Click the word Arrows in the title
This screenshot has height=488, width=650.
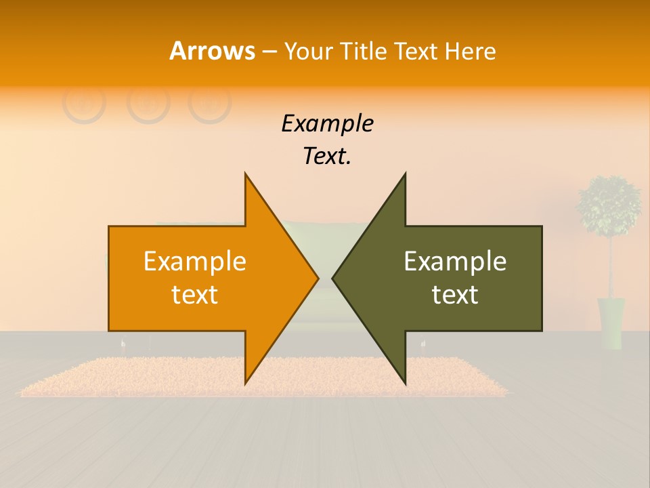pyautogui.click(x=212, y=51)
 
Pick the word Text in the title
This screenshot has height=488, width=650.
pyautogui.click(x=416, y=52)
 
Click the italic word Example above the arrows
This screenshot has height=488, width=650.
pyautogui.click(x=327, y=124)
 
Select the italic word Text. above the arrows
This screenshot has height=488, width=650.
pyautogui.click(x=327, y=156)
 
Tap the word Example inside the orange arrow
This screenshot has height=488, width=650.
pyautogui.click(x=195, y=262)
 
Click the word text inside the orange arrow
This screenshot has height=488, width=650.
pyautogui.click(x=195, y=294)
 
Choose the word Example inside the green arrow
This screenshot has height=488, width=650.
pyautogui.click(x=455, y=262)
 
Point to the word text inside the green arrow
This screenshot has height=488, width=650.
pyautogui.click(x=455, y=294)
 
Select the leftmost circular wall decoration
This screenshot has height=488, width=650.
pyautogui.click(x=84, y=103)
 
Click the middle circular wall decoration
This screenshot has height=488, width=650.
pyautogui.click(x=148, y=103)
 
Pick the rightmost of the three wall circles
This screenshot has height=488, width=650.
pyautogui.click(x=210, y=103)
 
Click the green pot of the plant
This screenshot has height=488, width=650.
pyautogui.click(x=611, y=323)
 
